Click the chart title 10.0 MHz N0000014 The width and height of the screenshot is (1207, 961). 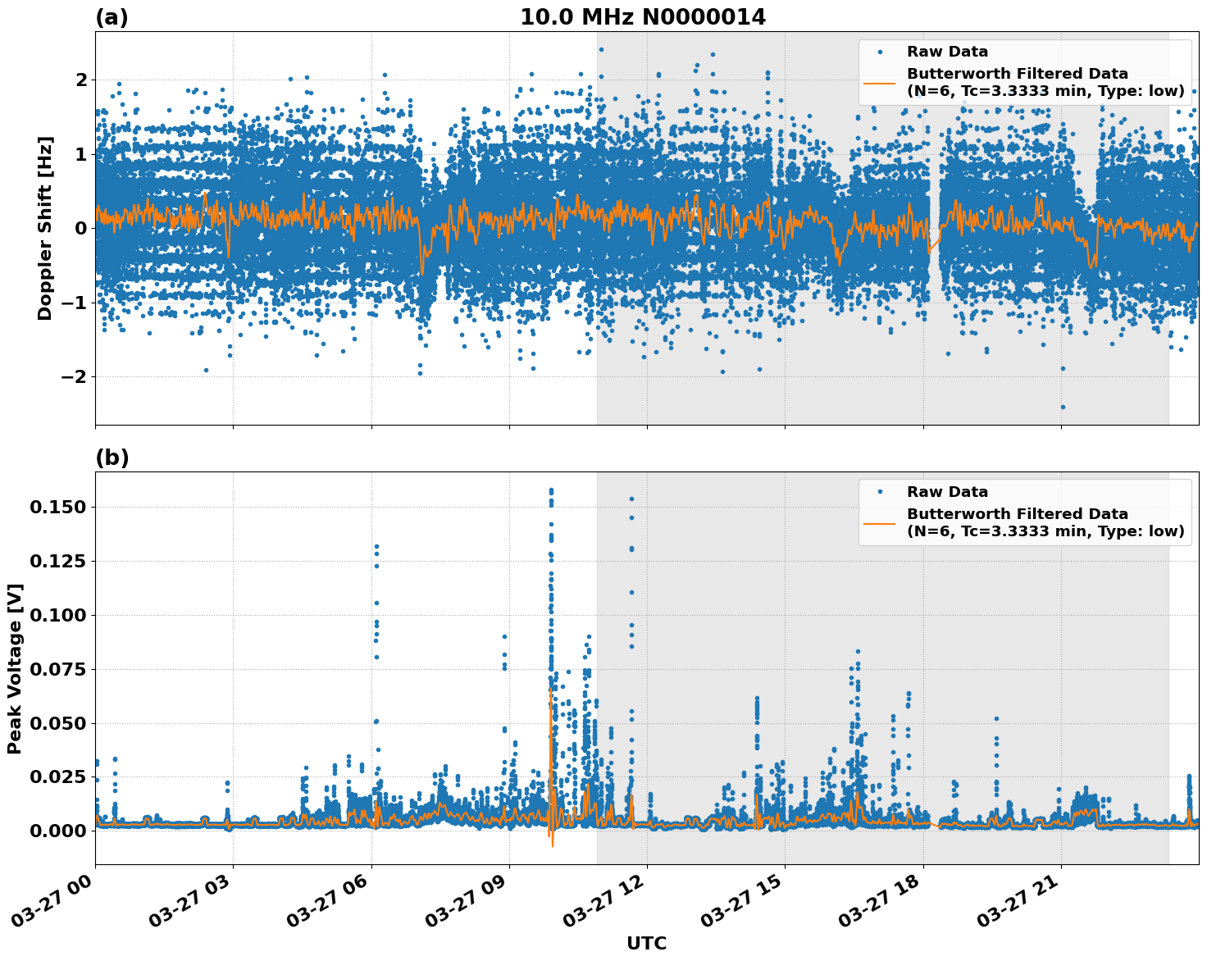point(642,17)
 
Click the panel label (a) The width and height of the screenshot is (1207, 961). point(112,17)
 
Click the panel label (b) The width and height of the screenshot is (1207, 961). point(112,458)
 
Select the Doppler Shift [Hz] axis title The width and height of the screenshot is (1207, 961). point(45,228)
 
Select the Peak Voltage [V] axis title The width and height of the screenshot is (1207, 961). point(15,668)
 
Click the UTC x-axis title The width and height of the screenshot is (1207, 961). point(646,943)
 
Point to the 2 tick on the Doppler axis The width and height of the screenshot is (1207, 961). point(81,80)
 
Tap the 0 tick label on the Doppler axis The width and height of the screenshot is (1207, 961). point(81,228)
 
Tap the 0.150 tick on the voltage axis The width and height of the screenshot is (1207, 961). point(57,508)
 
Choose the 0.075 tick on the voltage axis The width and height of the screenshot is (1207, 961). point(57,669)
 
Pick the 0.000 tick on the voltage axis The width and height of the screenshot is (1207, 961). point(57,831)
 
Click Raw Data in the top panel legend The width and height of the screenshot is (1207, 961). point(947,52)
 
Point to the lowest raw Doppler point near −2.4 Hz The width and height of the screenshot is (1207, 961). point(1063,407)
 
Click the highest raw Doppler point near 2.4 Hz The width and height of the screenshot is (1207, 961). point(601,49)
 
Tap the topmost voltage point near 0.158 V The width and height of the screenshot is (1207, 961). point(551,490)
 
